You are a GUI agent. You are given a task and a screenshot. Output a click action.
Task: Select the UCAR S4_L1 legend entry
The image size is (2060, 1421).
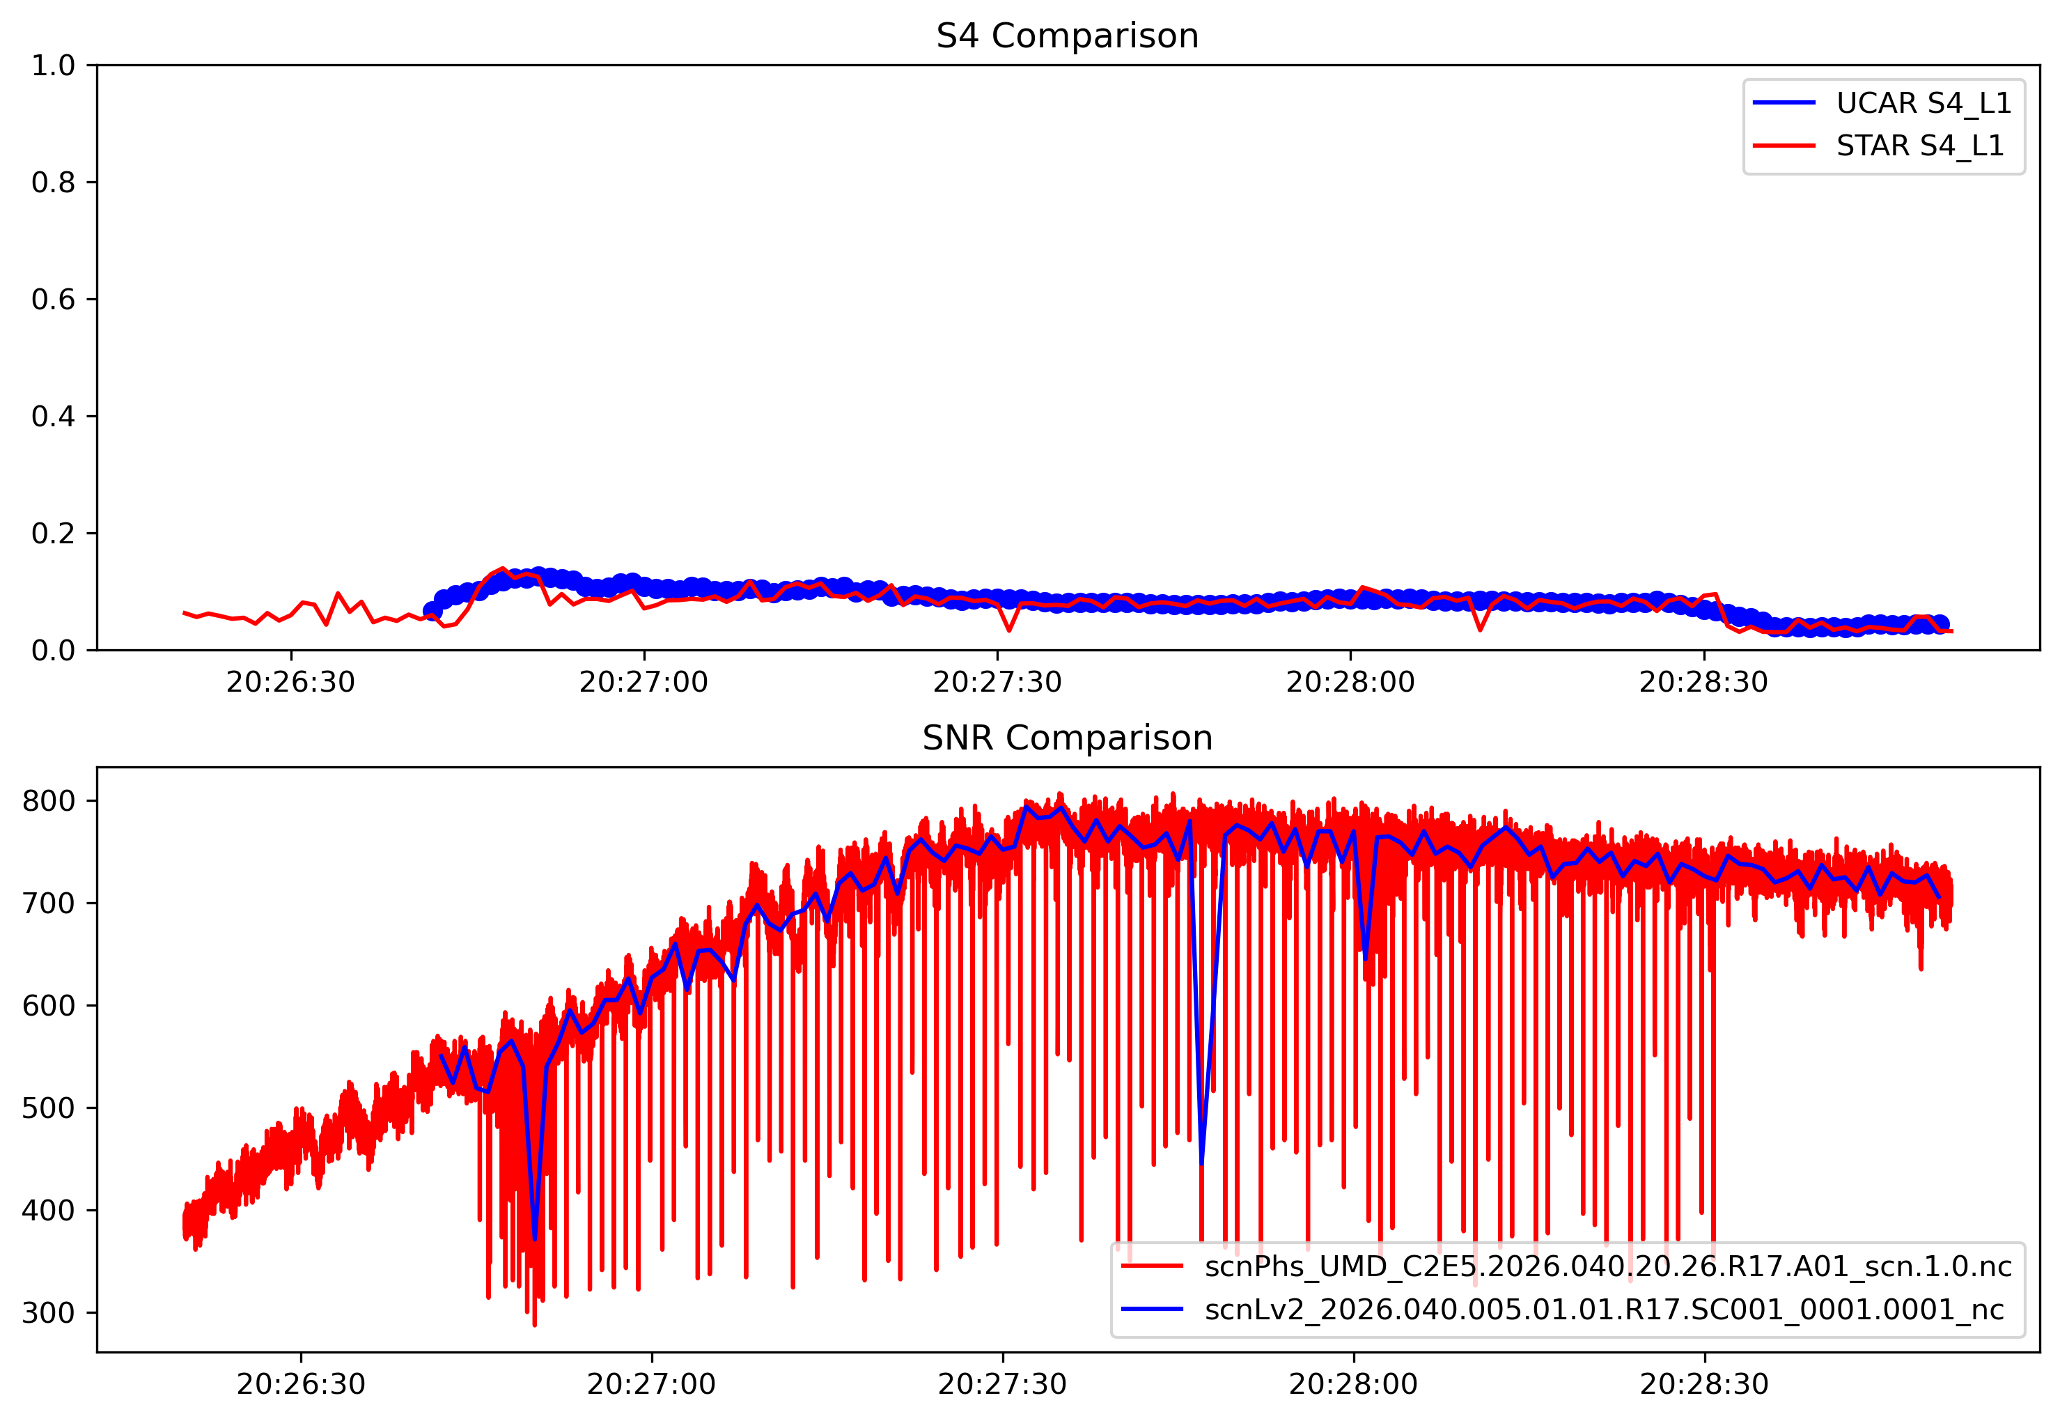(x=1923, y=103)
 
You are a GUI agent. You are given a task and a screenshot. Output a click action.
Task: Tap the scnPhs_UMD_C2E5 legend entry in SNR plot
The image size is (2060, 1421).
(x=1607, y=1267)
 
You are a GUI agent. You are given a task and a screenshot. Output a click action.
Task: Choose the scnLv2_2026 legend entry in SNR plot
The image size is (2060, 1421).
(x=1603, y=1310)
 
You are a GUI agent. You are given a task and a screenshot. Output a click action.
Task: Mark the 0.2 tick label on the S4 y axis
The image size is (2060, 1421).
(x=54, y=534)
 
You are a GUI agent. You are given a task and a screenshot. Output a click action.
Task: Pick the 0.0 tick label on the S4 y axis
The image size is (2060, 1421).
(x=54, y=651)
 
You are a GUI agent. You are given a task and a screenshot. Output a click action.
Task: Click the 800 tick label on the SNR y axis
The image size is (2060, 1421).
(x=48, y=801)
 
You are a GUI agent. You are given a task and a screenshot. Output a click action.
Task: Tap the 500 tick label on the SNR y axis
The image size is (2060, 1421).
(x=48, y=1108)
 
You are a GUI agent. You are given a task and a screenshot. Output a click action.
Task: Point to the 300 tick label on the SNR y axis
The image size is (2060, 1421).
(x=48, y=1313)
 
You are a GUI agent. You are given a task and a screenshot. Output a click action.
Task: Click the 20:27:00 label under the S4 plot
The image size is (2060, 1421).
(x=643, y=683)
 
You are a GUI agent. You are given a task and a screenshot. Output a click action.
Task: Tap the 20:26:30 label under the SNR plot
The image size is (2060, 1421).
(x=301, y=1385)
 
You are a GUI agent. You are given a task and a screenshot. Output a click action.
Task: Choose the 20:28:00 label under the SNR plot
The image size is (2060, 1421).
(x=1353, y=1385)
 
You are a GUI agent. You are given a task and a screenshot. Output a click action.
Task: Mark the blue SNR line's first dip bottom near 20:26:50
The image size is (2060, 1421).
(x=534, y=1238)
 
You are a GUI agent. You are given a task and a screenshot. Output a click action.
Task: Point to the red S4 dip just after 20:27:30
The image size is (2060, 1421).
(x=1008, y=630)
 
